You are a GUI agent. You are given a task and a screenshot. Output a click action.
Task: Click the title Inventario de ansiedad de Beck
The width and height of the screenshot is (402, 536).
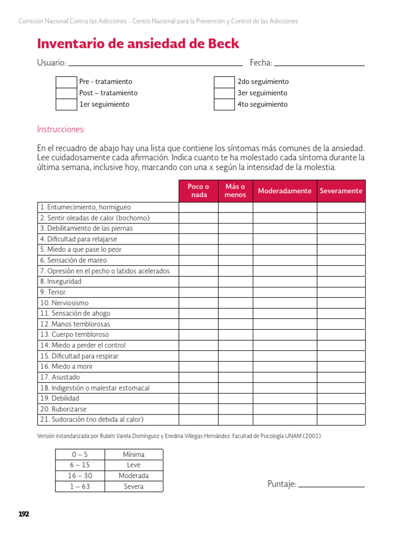point(138,43)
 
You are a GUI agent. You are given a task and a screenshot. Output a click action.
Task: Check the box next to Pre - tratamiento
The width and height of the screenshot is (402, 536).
point(66,82)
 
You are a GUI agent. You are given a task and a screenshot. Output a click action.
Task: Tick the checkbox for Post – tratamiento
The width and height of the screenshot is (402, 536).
point(66,93)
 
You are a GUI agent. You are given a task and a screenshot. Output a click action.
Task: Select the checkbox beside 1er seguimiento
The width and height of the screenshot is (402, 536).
point(66,104)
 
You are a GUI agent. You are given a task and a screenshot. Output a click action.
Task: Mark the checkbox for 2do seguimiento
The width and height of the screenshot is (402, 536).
point(225,82)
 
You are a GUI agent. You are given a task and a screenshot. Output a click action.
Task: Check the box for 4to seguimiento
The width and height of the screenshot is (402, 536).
point(225,104)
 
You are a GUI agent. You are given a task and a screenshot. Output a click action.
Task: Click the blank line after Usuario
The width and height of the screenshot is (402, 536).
point(155,64)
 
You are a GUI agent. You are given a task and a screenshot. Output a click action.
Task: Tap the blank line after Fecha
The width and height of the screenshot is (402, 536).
point(319,64)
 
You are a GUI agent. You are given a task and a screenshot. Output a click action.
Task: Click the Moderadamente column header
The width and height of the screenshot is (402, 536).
point(285,191)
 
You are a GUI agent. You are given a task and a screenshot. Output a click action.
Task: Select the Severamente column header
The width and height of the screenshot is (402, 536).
point(341,191)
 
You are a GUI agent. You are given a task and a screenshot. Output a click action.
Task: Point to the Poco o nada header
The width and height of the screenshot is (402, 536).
point(198,191)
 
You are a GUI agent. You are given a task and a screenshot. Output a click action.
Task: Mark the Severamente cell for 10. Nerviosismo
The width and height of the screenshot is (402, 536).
point(341,303)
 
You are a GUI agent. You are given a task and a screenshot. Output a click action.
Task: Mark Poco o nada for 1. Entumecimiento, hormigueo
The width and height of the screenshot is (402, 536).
point(198,207)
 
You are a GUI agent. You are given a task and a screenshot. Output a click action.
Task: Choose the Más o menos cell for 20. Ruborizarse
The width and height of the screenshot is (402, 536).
point(235,409)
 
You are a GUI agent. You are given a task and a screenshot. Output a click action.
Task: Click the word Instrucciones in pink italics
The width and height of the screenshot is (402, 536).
point(61,129)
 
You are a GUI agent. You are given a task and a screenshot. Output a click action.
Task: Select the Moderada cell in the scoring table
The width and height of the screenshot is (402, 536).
point(133,476)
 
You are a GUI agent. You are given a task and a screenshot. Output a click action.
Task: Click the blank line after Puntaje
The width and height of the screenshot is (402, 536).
point(331,485)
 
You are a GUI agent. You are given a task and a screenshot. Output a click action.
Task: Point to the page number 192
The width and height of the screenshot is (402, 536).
point(24,514)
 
